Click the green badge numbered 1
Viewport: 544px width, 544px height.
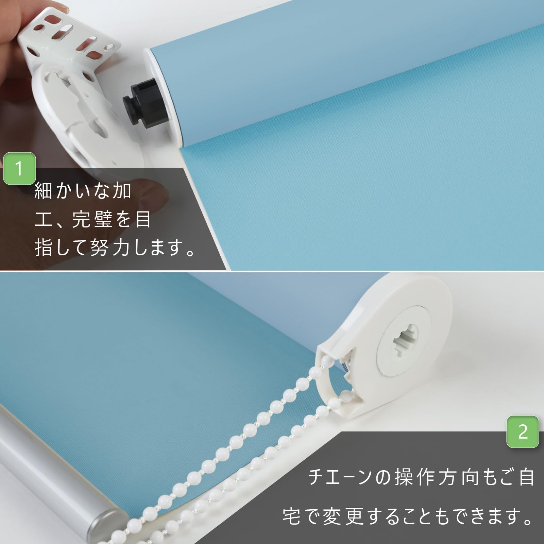tap(19, 169)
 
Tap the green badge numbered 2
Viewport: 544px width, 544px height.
tap(523, 432)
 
